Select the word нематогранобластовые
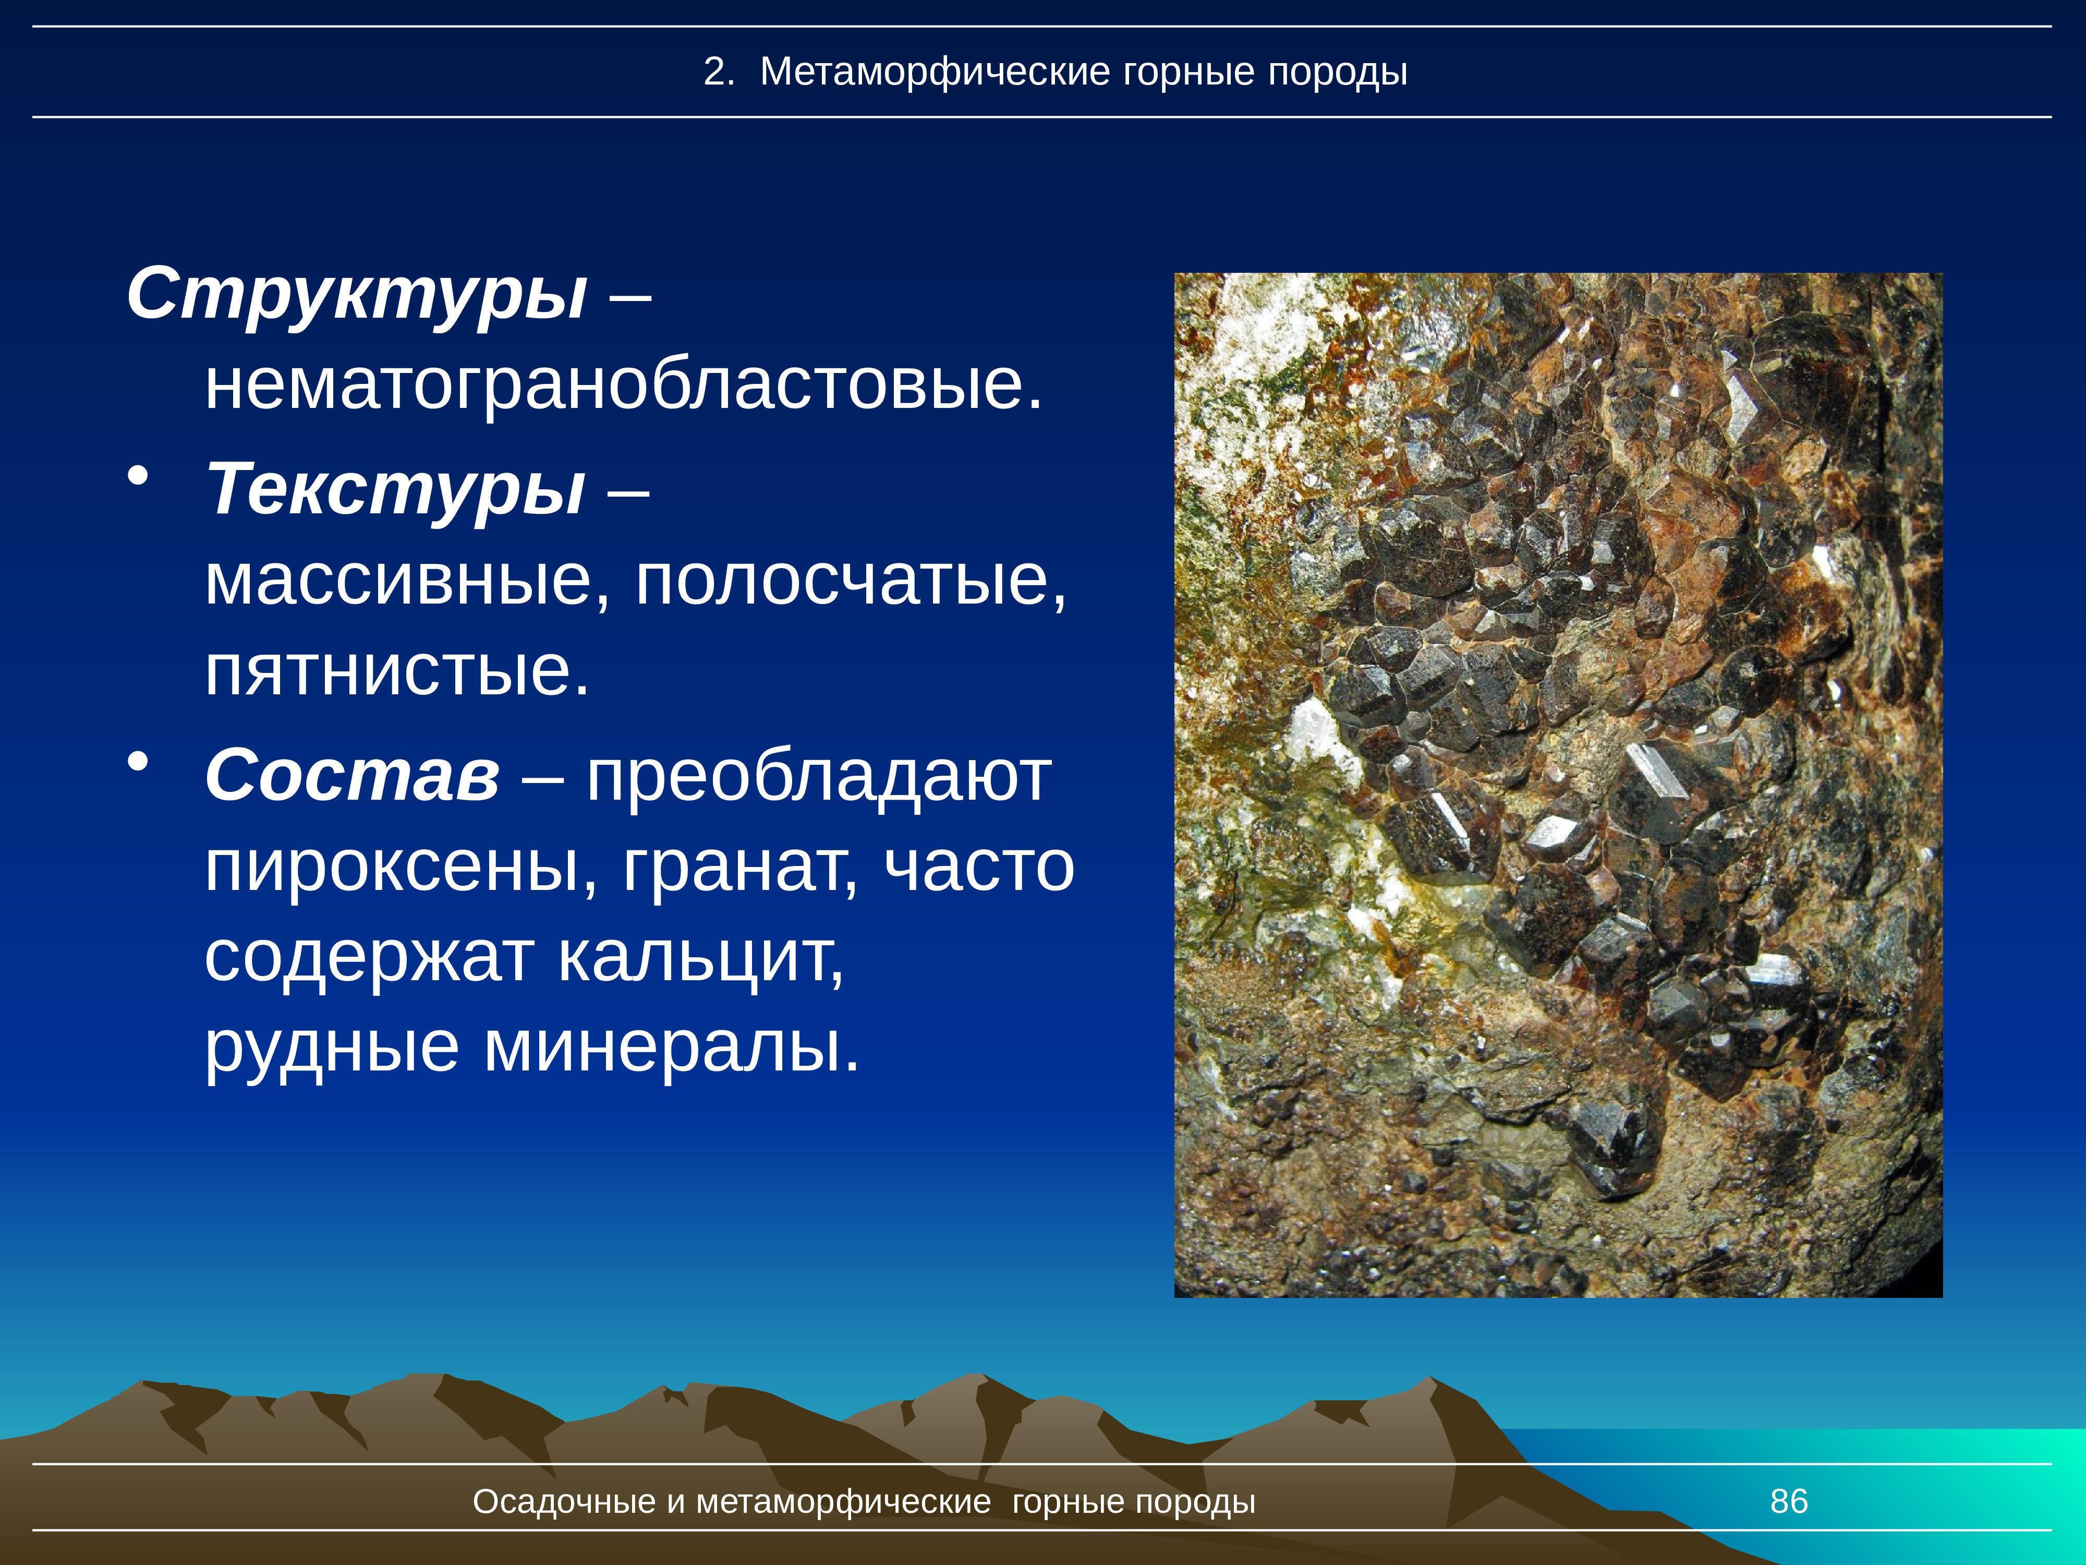tap(624, 386)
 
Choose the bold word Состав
tap(352, 775)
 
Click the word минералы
tap(672, 1048)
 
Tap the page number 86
tap(1789, 1501)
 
